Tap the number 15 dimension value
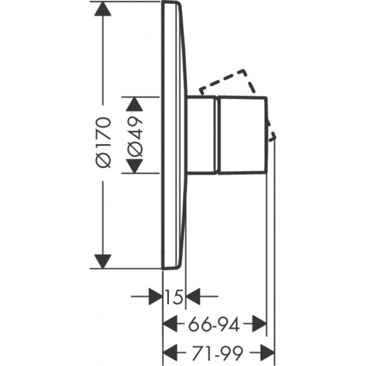coord(175,298)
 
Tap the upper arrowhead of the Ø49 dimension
coord(134,105)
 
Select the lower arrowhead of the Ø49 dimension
coord(134,166)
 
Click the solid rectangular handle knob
coord(242,135)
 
